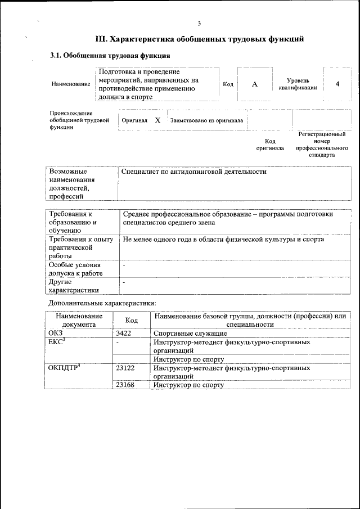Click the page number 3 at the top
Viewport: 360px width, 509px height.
point(199,23)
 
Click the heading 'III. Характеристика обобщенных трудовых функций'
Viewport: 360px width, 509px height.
point(200,39)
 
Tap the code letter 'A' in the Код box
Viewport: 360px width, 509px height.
point(254,84)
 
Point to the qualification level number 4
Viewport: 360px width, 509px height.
point(337,84)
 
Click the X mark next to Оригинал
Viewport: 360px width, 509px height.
point(158,120)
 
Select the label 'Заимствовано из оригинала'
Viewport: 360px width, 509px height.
point(206,120)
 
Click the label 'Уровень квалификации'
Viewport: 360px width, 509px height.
point(297,84)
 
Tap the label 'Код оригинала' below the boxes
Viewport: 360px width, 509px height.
point(270,145)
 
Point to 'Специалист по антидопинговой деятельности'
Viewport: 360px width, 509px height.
point(194,172)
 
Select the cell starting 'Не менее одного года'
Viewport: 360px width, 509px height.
point(223,240)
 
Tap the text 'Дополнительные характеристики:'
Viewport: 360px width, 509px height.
point(102,304)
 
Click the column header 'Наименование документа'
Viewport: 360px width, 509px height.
point(79,320)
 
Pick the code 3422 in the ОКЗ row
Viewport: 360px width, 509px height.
point(124,334)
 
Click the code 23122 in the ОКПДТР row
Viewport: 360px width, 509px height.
point(125,368)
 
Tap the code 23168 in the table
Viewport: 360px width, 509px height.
point(125,385)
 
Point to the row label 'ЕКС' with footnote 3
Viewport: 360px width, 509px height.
point(57,342)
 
